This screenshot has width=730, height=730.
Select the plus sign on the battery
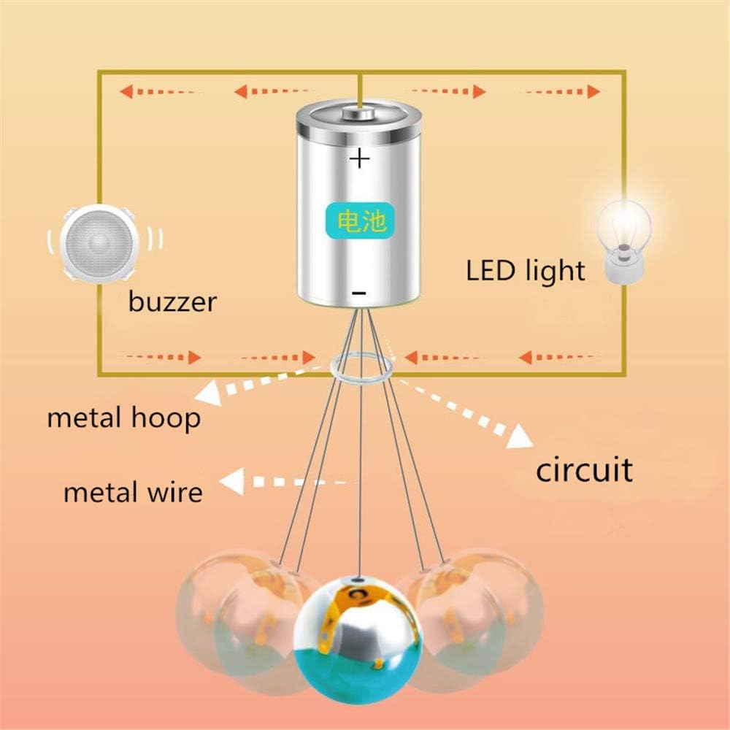359,158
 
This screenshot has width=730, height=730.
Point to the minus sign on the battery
358,293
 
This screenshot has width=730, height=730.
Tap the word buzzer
172,301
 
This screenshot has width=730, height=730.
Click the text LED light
526,271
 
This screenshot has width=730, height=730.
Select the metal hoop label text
123,418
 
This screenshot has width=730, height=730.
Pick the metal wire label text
132,492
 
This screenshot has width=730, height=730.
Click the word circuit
584,469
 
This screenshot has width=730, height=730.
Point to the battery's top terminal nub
359,113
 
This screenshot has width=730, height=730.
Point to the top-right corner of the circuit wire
625,72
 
